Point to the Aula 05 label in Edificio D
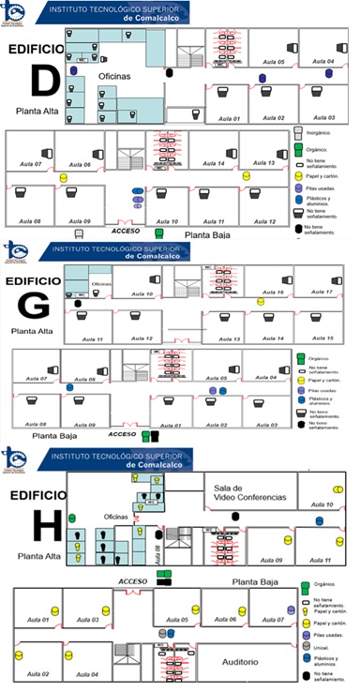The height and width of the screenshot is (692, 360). pos(274,62)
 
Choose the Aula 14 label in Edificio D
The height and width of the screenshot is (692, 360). pos(214,164)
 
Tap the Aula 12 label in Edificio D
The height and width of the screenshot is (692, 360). pos(263,221)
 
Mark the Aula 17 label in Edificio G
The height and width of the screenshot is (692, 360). pos(322,293)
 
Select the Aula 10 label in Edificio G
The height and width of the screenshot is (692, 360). pos(142,294)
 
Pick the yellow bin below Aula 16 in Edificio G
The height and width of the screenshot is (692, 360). pos(262,302)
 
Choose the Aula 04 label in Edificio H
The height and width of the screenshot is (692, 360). pos(88,674)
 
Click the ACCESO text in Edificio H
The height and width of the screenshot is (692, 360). pos(134,581)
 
